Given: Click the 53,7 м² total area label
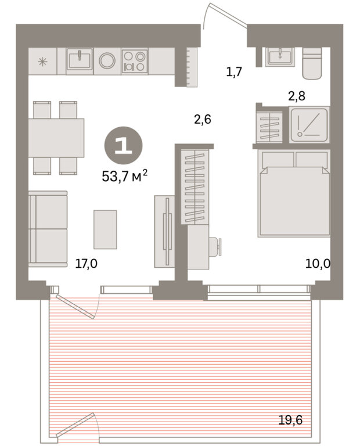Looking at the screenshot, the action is coord(125,176).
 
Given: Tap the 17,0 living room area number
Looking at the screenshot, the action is coord(86,264).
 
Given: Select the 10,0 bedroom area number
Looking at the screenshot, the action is coord(318,264).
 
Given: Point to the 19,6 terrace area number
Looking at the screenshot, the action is coord(290,420).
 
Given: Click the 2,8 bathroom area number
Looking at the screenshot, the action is coord(297,96).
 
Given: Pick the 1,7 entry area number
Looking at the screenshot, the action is coord(234,71).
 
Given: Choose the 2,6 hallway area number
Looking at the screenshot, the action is coord(203,119).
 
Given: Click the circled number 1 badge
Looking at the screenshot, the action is coord(124,146).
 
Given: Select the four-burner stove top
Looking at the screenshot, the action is coord(135,61).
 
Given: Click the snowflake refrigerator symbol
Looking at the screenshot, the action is coord(43,62).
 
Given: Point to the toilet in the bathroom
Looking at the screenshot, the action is coord(312,63).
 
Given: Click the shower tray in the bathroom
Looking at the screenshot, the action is coord(309,125).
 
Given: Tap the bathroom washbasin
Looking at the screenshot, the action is coord(280,57).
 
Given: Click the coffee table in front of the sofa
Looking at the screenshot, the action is coord(105,229).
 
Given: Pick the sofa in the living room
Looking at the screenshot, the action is coord(48,229).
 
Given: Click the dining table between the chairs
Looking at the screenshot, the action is coord(56,138).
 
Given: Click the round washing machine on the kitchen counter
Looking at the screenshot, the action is coord(107,61).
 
